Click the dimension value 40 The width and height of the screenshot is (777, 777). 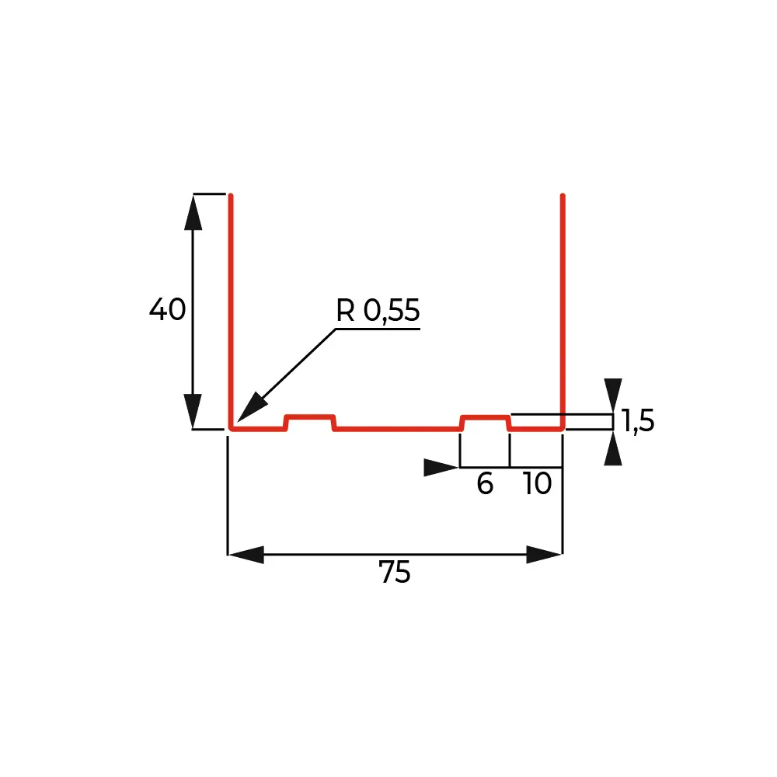tap(168, 309)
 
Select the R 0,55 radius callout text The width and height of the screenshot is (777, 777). tap(378, 311)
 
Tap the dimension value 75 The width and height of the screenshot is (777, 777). tap(395, 572)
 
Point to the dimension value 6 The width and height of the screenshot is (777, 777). tap(485, 483)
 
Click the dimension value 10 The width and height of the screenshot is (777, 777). tap(537, 483)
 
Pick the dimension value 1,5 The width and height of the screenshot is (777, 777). tap(638, 421)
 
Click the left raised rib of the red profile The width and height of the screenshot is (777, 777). tap(310, 422)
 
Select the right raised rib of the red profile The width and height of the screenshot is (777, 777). tap(485, 422)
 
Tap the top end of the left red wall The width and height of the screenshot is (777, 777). tap(231, 196)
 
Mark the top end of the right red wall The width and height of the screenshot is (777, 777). tap(563, 196)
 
